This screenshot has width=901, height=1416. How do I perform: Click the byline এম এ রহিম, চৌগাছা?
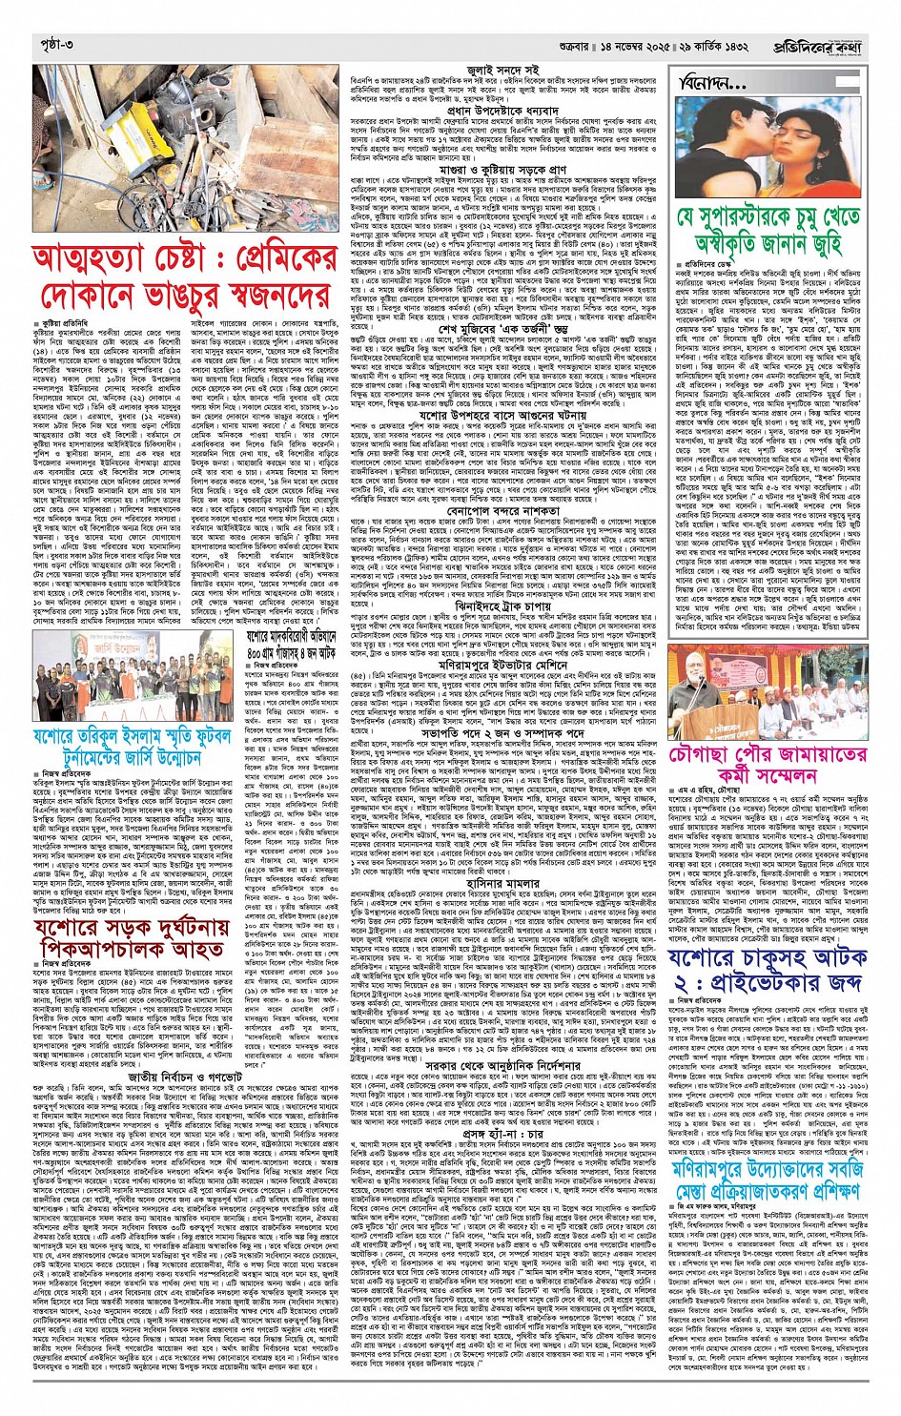point(710,790)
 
